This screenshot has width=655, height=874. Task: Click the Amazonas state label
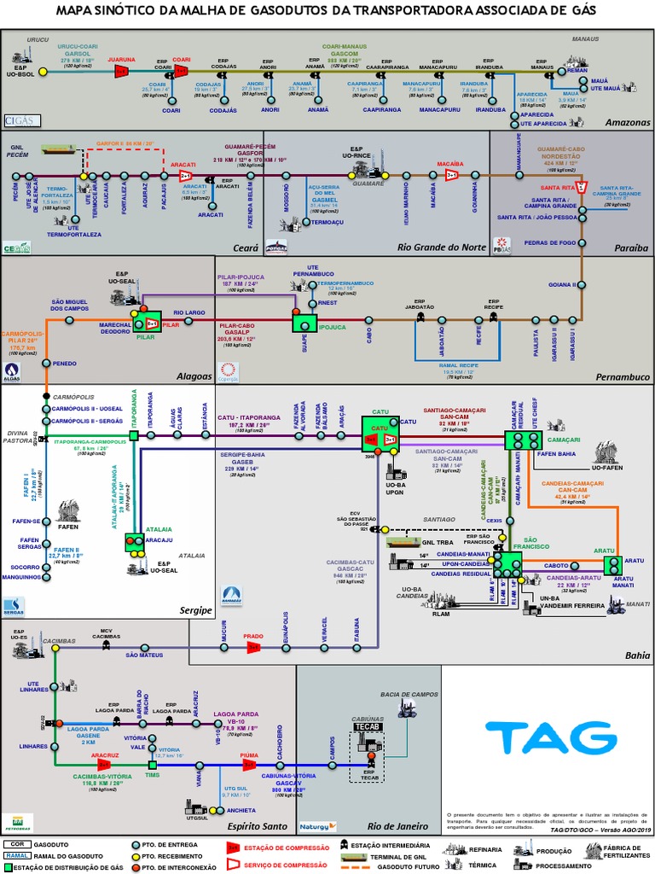click(627, 122)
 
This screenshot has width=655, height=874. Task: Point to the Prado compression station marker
click(252, 648)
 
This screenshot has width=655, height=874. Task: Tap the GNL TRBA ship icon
click(403, 541)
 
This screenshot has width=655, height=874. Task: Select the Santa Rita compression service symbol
click(580, 187)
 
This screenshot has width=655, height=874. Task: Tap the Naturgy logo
click(318, 826)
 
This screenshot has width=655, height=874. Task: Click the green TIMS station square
click(153, 764)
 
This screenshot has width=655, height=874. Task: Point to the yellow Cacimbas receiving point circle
click(55, 648)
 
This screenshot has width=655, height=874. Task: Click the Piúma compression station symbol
click(248, 765)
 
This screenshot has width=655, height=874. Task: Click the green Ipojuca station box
click(304, 323)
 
